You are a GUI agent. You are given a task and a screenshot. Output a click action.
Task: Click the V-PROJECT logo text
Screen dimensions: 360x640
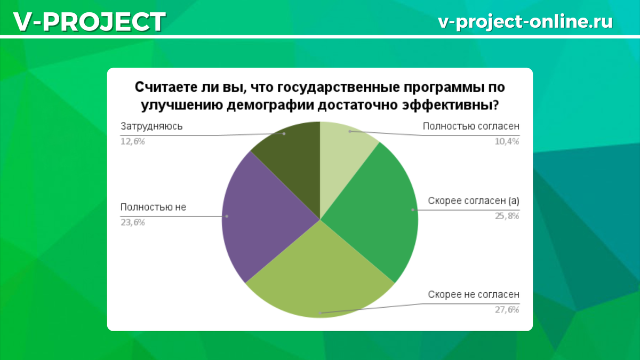[89, 22]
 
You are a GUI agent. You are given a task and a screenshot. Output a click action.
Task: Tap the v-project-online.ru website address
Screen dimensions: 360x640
[525, 21]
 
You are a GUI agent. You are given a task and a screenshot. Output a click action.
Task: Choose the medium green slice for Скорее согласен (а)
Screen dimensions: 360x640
[373, 213]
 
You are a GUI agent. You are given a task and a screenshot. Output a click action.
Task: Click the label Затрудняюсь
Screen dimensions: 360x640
[151, 126]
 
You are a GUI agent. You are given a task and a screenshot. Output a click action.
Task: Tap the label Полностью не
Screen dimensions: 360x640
[153, 207]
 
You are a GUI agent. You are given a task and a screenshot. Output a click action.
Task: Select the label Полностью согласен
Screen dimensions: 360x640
[471, 126]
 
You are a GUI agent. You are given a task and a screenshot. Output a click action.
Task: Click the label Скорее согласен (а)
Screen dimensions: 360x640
[474, 201]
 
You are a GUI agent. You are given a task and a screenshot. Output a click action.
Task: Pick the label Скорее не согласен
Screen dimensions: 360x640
[474, 295]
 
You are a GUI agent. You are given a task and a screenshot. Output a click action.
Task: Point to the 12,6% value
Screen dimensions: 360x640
[133, 141]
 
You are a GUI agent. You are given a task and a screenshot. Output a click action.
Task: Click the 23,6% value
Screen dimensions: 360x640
[133, 222]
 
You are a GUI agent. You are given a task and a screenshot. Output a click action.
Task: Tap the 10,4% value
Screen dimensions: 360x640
[507, 141]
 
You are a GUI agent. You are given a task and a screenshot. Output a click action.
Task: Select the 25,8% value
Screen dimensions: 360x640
[507, 216]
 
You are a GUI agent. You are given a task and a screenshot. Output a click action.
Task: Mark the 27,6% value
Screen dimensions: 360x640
[507, 310]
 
